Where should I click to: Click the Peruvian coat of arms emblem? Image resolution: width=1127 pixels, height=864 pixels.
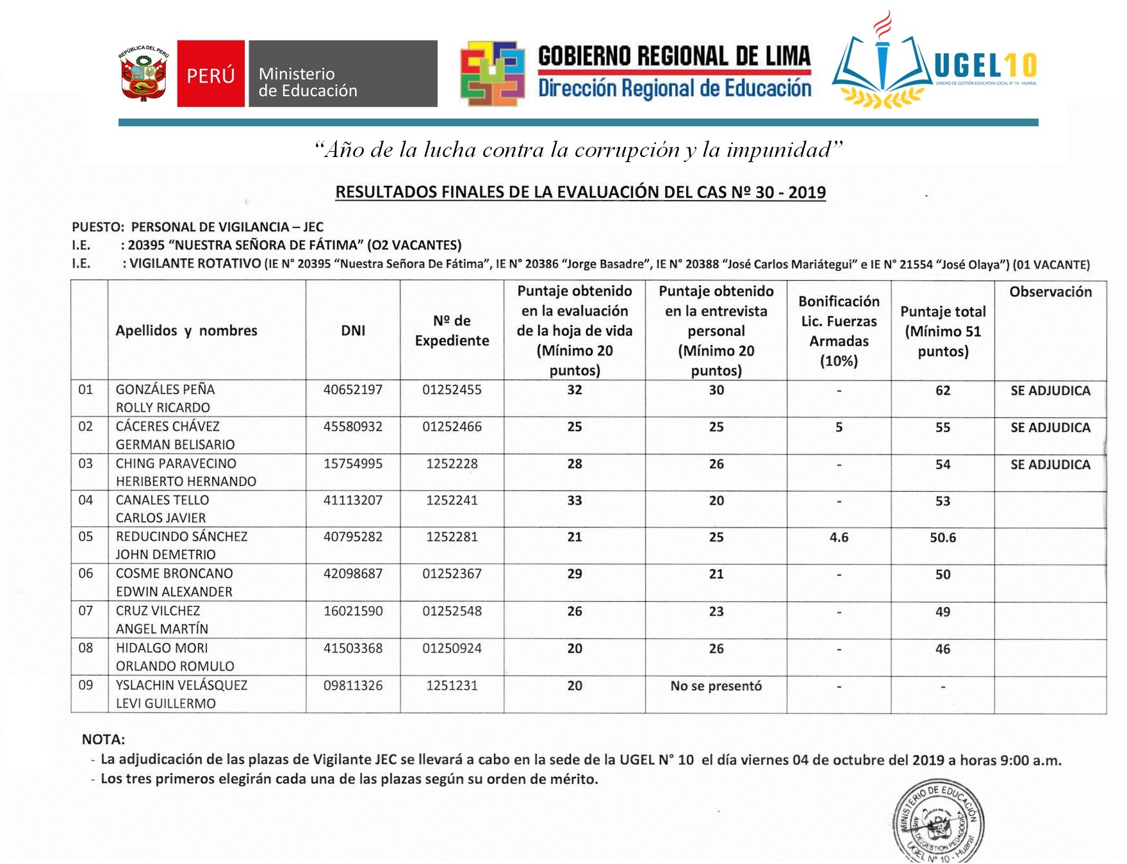(144, 74)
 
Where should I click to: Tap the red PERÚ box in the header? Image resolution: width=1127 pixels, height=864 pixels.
(211, 74)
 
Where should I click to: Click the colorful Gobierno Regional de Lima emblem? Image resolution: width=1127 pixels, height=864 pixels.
(493, 74)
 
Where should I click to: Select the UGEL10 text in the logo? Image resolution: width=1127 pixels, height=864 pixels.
(985, 65)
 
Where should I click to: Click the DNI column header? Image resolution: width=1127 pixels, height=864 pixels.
(353, 331)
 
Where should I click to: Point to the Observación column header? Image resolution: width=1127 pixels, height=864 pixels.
(1050, 292)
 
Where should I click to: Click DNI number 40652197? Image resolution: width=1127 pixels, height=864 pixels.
(353, 390)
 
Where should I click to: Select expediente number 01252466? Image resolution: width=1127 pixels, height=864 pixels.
(452, 427)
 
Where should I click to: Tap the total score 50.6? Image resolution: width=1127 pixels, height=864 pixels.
(942, 538)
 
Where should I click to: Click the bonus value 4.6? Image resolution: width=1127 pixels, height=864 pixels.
(839, 538)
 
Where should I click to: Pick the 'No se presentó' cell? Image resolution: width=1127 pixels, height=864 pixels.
(716, 686)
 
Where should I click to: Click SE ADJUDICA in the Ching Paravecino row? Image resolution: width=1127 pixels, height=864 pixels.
(1050, 465)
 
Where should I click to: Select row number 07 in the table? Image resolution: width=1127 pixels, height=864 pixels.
(86, 611)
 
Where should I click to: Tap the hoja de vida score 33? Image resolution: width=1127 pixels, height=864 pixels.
(574, 501)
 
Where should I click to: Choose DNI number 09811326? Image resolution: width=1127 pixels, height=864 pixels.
(353, 686)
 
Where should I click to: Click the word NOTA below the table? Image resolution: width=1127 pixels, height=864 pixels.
(103, 740)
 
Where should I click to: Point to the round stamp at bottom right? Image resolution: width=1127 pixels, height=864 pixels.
(938, 822)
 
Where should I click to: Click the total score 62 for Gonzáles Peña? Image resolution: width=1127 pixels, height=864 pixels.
(942, 390)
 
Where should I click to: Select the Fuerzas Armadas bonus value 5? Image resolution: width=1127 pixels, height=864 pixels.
(839, 428)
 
